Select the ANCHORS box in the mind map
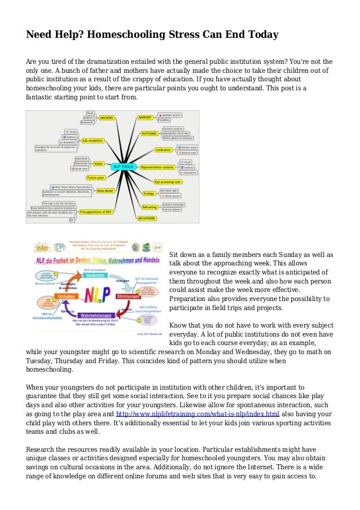pyautogui.click(x=106, y=117)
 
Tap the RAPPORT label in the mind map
pyautogui.click(x=144, y=117)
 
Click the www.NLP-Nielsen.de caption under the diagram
pyautogui.click(x=147, y=334)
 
